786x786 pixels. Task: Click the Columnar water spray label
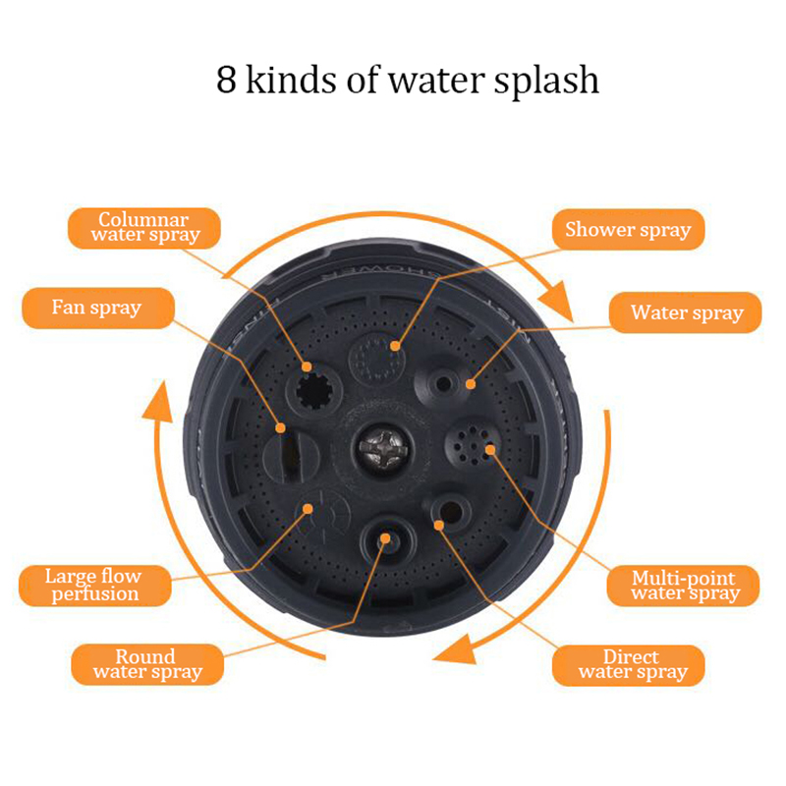(x=143, y=228)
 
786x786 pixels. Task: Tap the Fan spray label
(x=98, y=308)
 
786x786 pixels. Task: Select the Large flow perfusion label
(x=94, y=586)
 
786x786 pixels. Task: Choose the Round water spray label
(x=147, y=664)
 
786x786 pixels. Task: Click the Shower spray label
(x=629, y=230)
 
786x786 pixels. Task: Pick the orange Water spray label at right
(x=685, y=312)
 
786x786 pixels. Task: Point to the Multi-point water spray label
(x=683, y=586)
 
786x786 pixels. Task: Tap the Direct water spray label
(x=629, y=665)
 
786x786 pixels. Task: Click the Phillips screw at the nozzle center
(x=382, y=448)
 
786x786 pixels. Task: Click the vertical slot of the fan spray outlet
(x=289, y=456)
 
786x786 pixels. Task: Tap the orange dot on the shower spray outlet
(x=395, y=346)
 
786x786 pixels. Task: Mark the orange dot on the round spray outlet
(x=385, y=538)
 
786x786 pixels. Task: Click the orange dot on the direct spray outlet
(x=438, y=526)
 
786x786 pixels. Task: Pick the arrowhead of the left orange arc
(x=158, y=402)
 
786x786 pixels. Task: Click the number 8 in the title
(x=226, y=81)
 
